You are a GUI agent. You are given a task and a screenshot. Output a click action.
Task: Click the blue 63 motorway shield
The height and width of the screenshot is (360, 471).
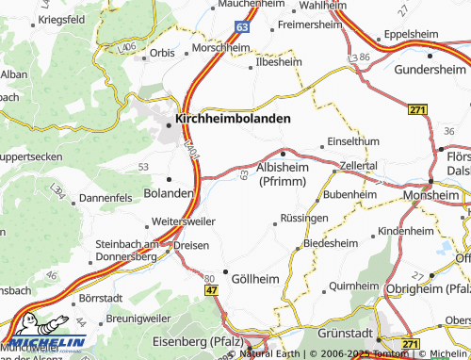pos(243,29)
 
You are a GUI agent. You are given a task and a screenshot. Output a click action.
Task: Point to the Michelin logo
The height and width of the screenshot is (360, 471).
pos(42,335)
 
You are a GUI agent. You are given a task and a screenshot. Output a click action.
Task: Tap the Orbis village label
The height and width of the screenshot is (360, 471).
pos(162,54)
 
